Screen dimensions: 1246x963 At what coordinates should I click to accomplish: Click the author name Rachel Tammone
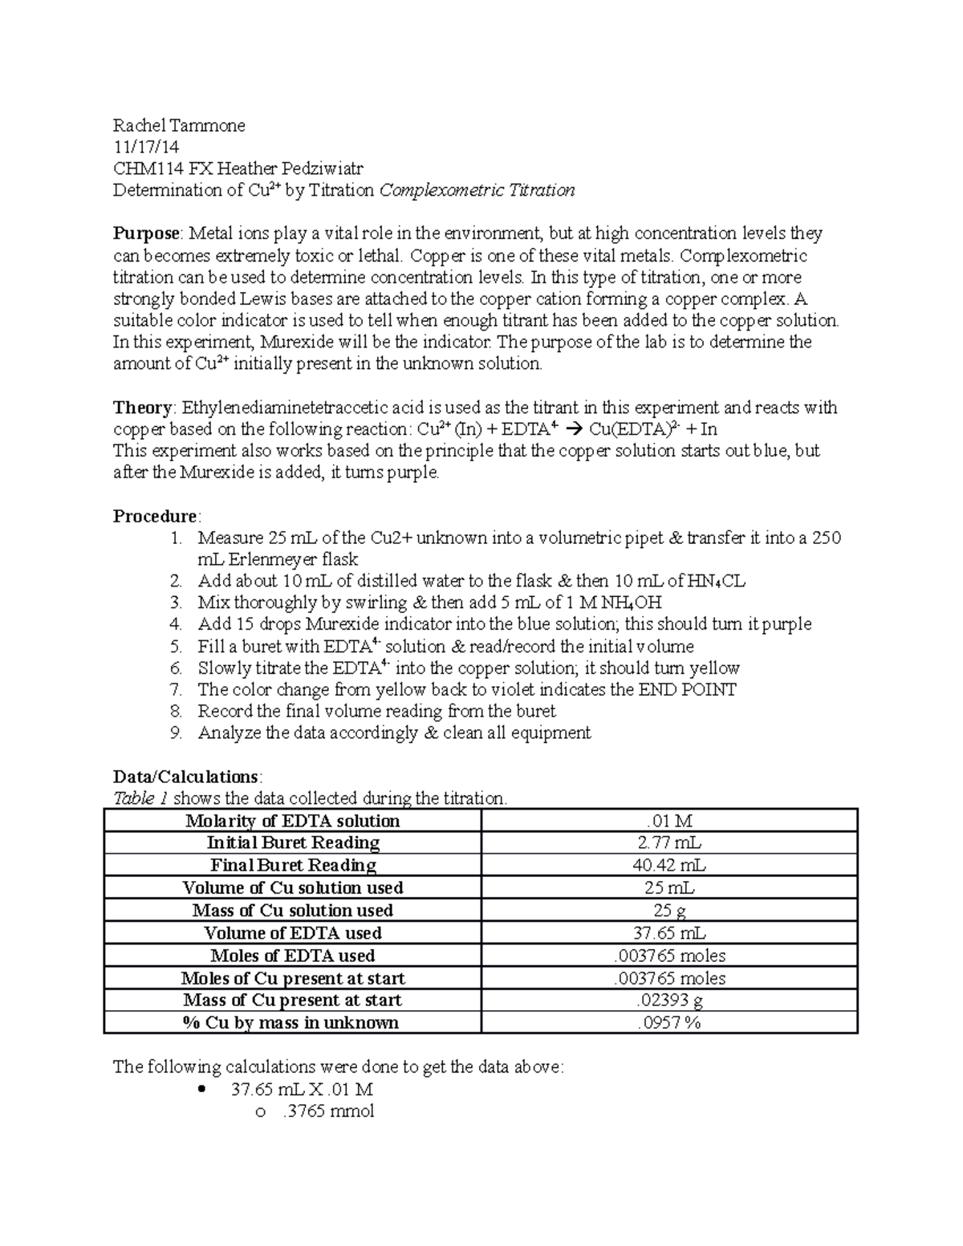[179, 125]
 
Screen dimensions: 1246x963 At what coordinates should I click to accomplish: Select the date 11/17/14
[146, 147]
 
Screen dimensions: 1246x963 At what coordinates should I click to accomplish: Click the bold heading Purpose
[147, 233]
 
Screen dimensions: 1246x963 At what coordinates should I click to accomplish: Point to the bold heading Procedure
[155, 516]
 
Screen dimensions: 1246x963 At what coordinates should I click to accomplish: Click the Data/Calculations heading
[185, 777]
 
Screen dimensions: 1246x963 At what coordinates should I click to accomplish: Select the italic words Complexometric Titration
[477, 190]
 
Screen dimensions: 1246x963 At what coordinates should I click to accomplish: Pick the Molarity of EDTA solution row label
[292, 821]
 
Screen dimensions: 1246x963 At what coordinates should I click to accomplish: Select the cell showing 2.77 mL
[669, 842]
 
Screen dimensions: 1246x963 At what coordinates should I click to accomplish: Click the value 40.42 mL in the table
[669, 865]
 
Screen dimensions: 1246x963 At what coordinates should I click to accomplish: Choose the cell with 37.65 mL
[669, 933]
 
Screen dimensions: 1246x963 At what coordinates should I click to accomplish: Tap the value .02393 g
[669, 1000]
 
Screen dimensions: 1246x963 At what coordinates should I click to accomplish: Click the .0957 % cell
[669, 1023]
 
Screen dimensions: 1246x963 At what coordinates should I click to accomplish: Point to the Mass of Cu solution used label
[292, 911]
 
